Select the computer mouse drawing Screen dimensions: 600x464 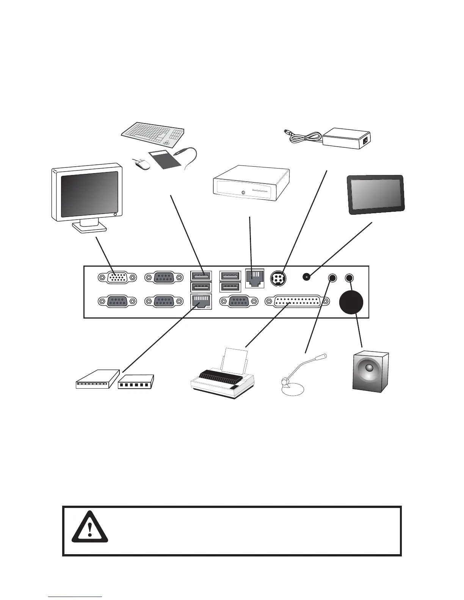141,165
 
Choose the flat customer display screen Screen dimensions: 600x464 376,195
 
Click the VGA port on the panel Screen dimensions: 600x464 116,278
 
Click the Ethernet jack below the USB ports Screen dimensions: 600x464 201,302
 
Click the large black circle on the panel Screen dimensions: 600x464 351,302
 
